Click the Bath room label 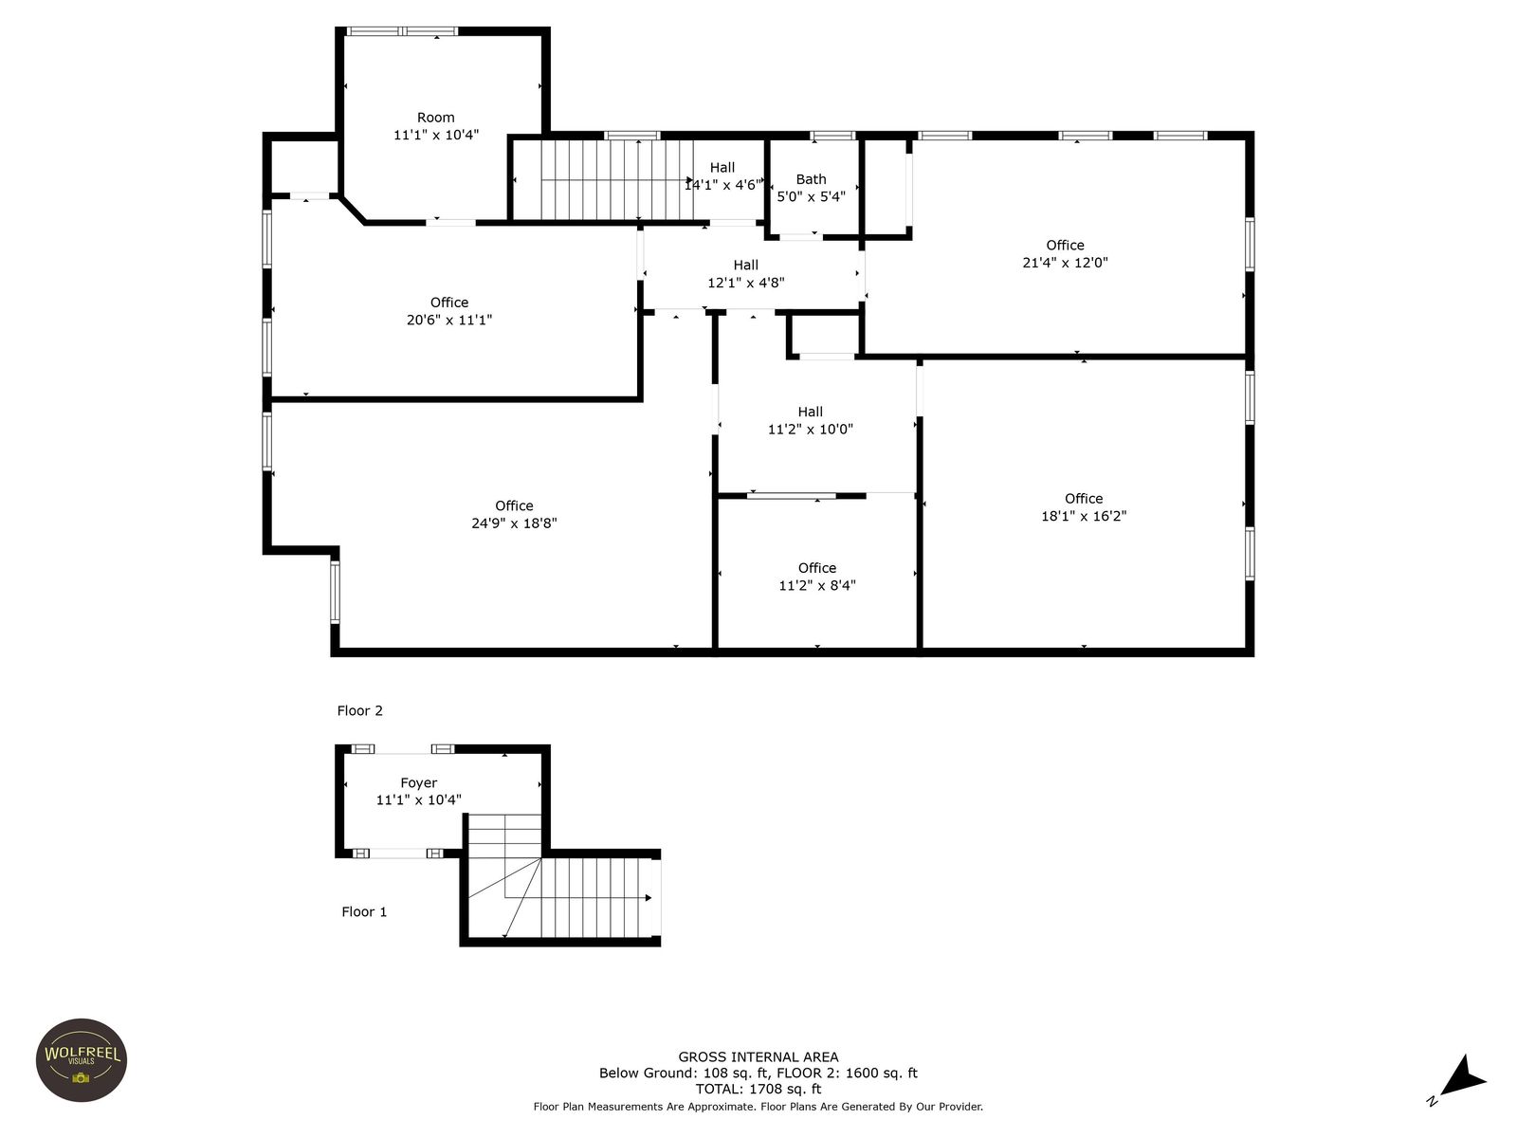(x=811, y=179)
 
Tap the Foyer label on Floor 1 (x=419, y=783)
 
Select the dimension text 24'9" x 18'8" (x=514, y=523)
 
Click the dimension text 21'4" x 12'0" (x=1065, y=263)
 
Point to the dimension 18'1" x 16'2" (x=1084, y=516)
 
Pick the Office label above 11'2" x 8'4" (x=817, y=568)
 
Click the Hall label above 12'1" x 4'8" (x=746, y=265)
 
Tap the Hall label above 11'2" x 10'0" (x=810, y=412)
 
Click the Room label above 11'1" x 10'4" (x=435, y=118)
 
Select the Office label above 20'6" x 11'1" (x=449, y=303)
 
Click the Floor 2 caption (x=359, y=710)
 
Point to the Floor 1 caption (x=364, y=911)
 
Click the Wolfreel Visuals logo (x=82, y=1060)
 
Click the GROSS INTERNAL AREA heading (x=758, y=1056)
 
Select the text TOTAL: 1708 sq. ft (x=758, y=1089)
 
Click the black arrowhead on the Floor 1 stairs (x=649, y=897)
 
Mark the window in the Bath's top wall (x=832, y=136)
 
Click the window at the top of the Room (x=402, y=31)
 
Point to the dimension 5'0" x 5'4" (x=811, y=197)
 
